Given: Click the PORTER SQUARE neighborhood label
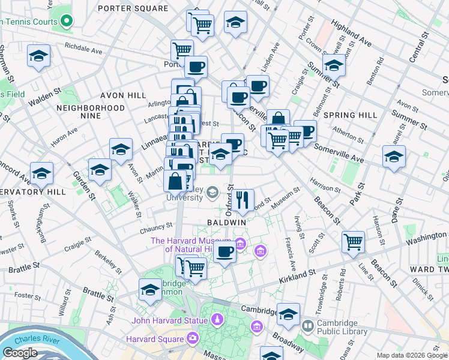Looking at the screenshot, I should click(x=133, y=8).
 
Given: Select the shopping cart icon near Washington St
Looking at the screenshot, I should click(x=354, y=242).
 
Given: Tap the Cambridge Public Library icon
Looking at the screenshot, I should click(x=308, y=326).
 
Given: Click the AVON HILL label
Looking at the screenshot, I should click(x=123, y=95).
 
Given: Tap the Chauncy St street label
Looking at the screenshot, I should click(x=156, y=227).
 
